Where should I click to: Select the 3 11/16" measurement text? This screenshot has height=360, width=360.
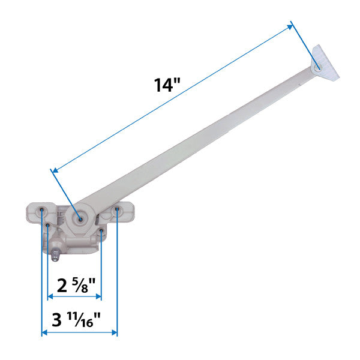[x=83, y=320]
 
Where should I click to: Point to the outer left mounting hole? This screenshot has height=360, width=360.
[x=41, y=211]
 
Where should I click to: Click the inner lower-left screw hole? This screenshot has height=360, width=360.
[x=47, y=226]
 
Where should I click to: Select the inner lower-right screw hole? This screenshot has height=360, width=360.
[x=101, y=230]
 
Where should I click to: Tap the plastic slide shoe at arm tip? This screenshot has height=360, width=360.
[x=326, y=64]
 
